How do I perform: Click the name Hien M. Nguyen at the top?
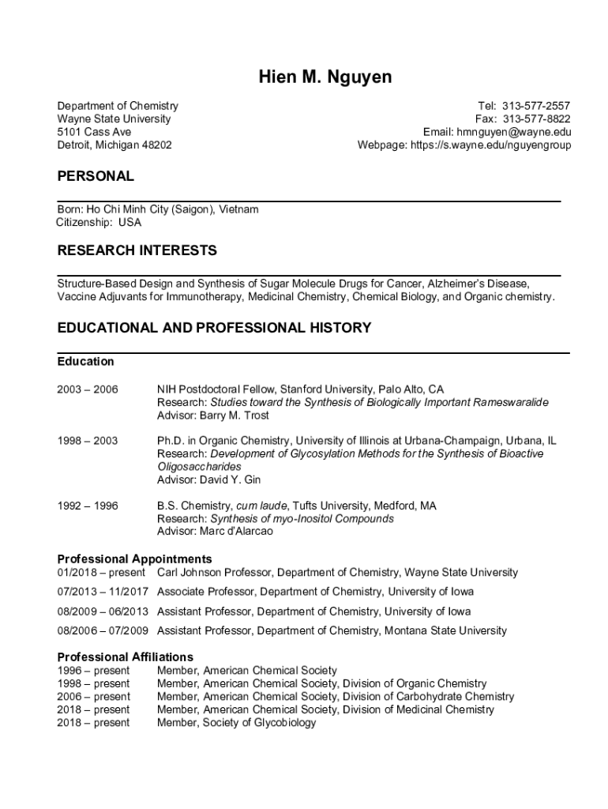325,77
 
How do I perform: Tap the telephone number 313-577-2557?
535,106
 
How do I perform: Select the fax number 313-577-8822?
535,119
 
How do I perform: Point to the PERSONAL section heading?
96,176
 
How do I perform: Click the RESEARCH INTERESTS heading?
137,251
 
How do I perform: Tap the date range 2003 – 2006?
88,389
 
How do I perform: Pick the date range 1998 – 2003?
88,441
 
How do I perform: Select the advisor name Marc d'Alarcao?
240,532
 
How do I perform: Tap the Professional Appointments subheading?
134,559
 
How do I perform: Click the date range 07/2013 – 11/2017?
103,592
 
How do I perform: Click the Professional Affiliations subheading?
125,657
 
